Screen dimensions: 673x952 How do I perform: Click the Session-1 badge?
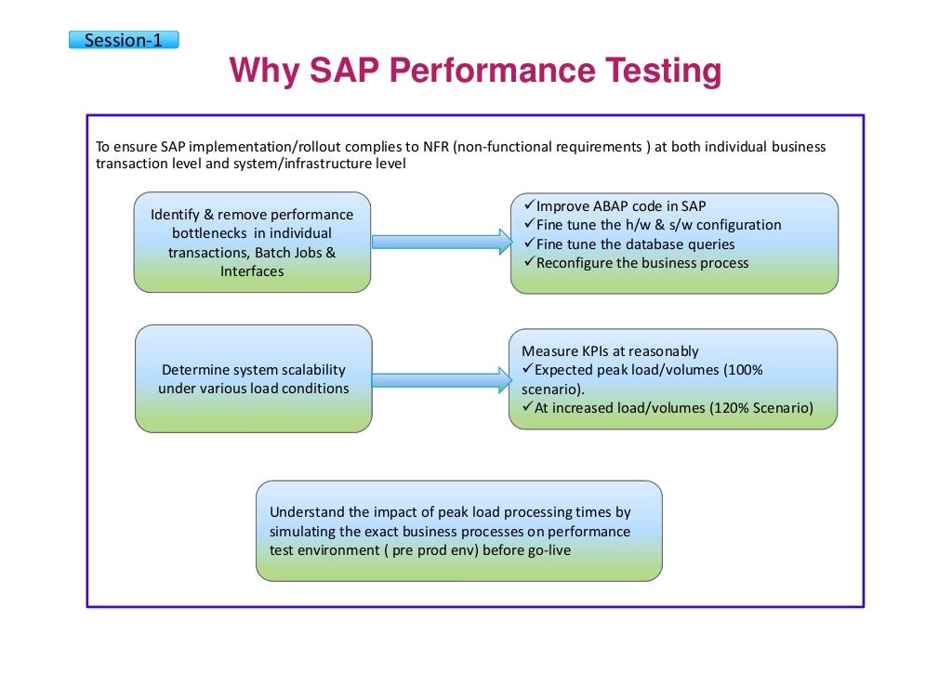point(123,40)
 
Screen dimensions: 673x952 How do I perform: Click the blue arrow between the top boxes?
point(442,242)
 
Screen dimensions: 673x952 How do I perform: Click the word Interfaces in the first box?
point(252,271)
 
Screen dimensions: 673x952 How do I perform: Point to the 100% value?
point(744,370)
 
